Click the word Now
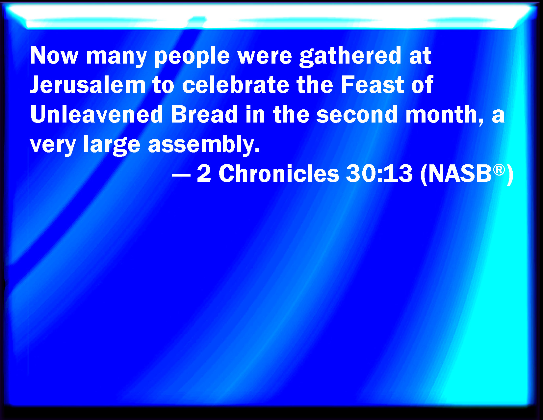point(54,55)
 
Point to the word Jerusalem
point(88,85)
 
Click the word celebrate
point(236,85)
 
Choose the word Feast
point(372,85)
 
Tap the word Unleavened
point(96,114)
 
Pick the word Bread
point(204,114)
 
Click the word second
point(357,114)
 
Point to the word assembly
point(204,144)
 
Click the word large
point(112,145)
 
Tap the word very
point(53,146)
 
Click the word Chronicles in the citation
point(279,173)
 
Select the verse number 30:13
point(379,174)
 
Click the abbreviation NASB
point(460,174)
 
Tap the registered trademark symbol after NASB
point(499,170)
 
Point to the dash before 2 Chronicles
point(181,175)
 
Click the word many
point(116,58)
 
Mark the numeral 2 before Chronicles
point(204,173)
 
